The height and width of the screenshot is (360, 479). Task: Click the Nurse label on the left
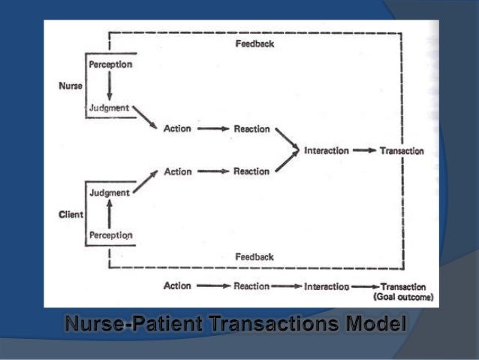(x=71, y=86)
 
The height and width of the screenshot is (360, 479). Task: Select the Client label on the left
(x=71, y=214)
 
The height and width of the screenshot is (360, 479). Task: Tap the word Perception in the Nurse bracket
(x=111, y=65)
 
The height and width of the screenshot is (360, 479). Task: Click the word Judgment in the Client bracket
(x=109, y=192)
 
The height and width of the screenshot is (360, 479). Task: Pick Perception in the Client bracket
(x=111, y=235)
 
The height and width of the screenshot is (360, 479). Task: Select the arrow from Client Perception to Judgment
(x=110, y=214)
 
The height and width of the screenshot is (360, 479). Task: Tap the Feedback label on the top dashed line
(x=255, y=44)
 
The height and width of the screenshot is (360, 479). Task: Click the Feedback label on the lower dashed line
(x=255, y=256)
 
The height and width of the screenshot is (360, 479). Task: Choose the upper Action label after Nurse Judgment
(x=177, y=129)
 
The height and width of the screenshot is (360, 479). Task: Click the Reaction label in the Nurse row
(x=251, y=129)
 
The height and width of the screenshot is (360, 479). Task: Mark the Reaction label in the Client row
(x=251, y=171)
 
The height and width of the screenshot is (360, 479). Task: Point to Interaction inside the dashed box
(x=327, y=150)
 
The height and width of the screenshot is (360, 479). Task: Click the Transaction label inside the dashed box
(x=402, y=150)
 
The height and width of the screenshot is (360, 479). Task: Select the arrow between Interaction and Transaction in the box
(x=364, y=150)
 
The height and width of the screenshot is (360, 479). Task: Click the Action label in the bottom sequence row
(x=177, y=286)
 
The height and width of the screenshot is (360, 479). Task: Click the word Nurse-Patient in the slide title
(x=130, y=325)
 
